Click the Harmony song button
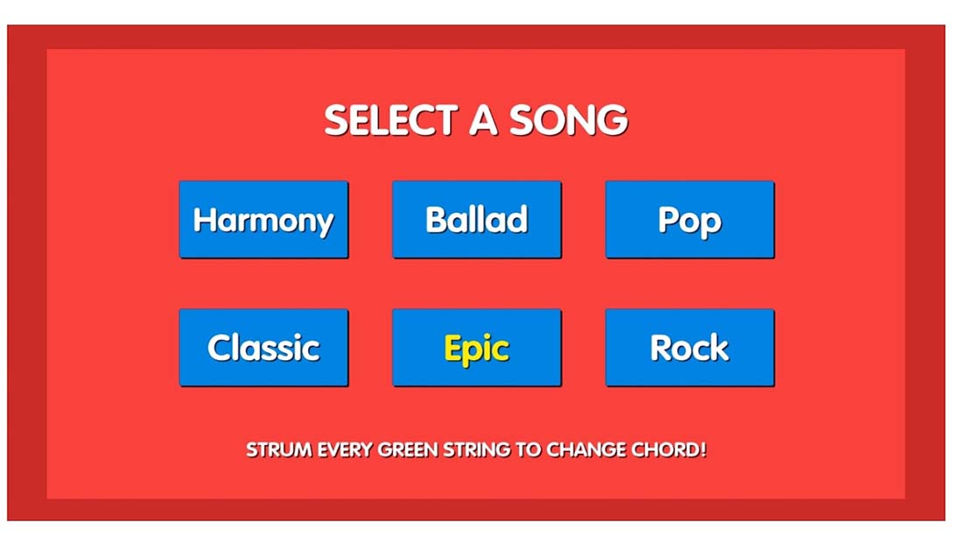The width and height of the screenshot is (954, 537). click(263, 219)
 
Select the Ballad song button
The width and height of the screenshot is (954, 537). click(476, 219)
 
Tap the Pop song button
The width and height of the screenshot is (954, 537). click(690, 219)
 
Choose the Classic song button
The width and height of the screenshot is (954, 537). click(263, 347)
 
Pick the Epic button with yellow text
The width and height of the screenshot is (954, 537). click(476, 347)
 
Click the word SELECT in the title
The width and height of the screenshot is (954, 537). click(391, 120)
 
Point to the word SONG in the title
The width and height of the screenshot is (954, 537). click(568, 120)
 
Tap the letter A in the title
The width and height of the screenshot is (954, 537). click(484, 120)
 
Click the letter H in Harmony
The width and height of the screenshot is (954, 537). click(205, 219)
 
